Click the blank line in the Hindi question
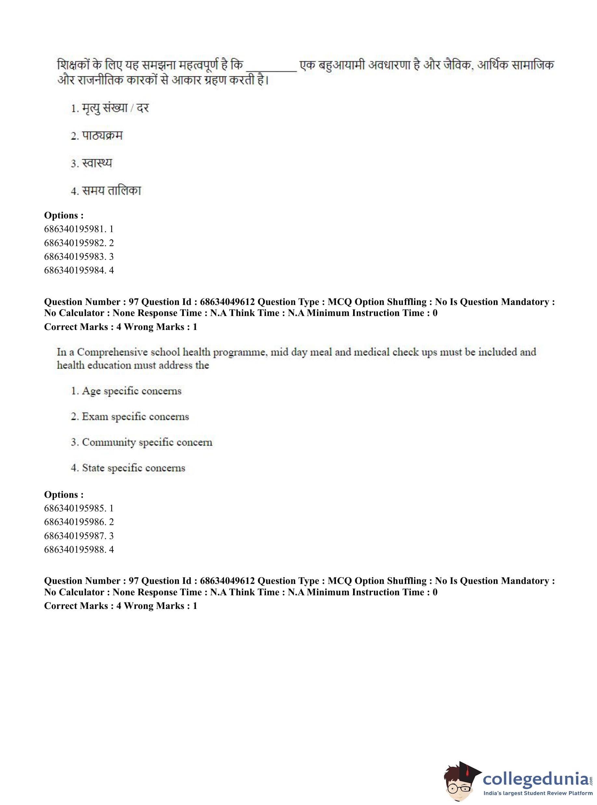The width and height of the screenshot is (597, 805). [x=271, y=69]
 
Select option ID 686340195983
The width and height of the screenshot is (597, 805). [x=79, y=257]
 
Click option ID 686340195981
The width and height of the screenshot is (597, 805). [x=79, y=229]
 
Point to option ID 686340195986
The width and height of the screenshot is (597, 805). [x=79, y=522]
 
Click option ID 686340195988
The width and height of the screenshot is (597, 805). [x=79, y=549]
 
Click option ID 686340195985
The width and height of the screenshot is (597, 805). [x=79, y=508]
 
